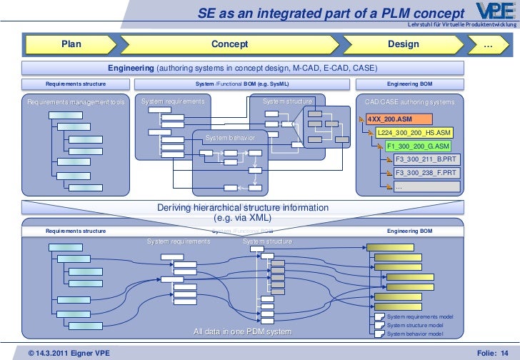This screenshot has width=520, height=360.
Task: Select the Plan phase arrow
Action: (x=71, y=44)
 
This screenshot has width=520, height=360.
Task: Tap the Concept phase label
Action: (x=229, y=44)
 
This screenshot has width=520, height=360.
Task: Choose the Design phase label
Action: (x=403, y=44)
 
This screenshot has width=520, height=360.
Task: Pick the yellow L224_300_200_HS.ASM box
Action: (x=414, y=133)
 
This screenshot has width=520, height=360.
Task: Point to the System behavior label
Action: (x=226, y=137)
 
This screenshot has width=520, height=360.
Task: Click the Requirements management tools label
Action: (x=76, y=102)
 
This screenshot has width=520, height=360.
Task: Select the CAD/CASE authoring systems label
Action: (x=409, y=102)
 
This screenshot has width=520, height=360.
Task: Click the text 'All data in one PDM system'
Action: (x=243, y=332)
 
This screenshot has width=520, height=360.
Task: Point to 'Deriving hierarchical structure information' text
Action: (x=243, y=208)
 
